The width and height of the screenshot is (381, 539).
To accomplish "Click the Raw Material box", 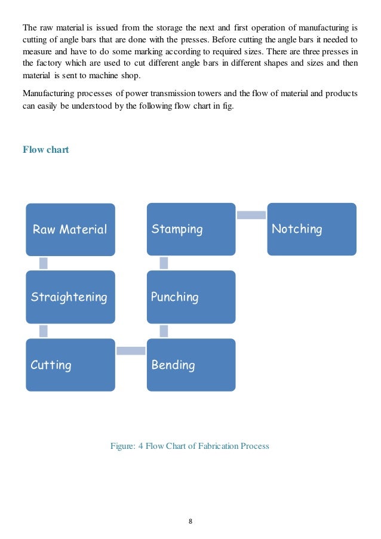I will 70,229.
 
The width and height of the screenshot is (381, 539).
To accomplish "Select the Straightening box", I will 70,297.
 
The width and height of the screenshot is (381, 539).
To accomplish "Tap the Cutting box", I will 70,365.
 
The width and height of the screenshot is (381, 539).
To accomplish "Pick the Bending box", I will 191,365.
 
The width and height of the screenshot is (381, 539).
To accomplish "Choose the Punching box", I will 191,297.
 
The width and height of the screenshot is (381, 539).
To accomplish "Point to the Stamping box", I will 191,229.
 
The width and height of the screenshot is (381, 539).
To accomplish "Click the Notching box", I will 312,229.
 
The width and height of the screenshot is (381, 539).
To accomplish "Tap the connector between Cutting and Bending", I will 131,351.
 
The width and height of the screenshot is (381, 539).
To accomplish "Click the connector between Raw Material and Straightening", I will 44,263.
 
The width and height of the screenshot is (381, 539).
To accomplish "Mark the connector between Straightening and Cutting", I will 44,331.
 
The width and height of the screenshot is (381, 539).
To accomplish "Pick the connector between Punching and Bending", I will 164,331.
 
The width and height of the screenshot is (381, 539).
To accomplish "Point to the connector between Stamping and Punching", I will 164,263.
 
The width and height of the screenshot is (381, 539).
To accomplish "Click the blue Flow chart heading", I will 45,149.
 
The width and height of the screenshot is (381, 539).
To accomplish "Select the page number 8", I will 190,521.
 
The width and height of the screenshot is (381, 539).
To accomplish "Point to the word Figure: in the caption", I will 124,446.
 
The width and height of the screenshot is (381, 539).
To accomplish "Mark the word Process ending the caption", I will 254,446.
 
